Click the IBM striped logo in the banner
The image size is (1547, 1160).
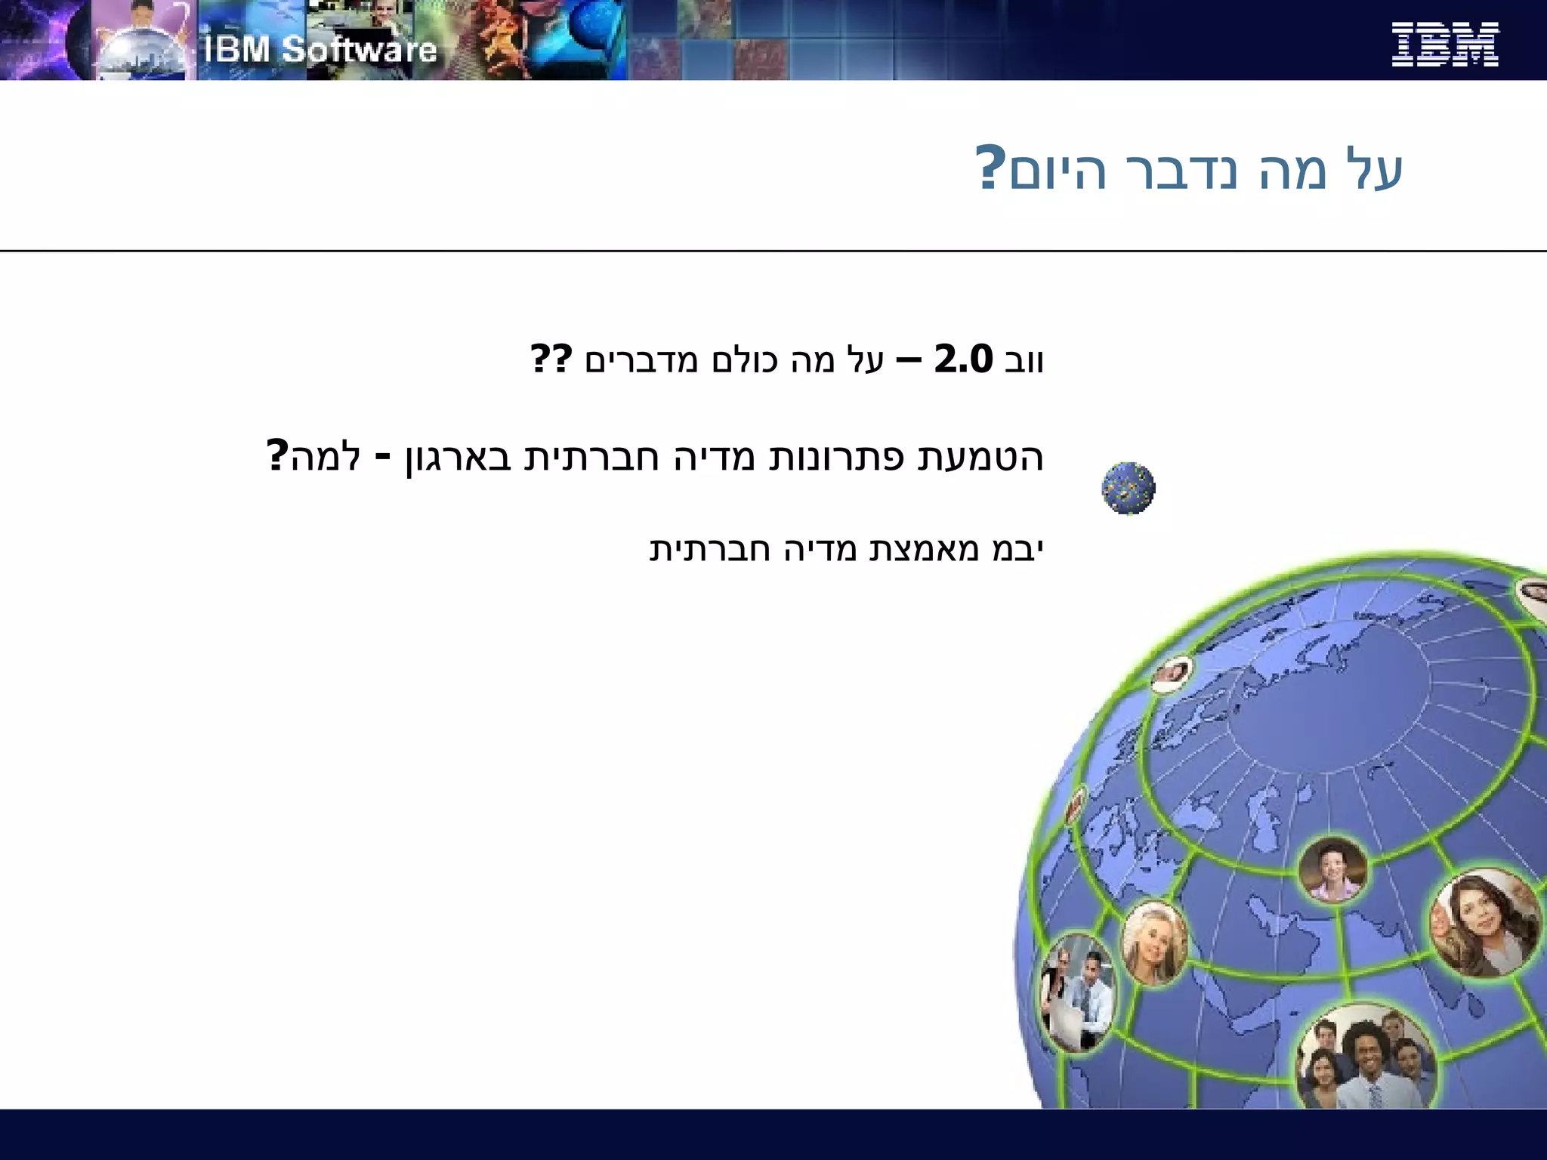coord(1444,44)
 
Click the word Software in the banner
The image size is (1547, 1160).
coord(360,50)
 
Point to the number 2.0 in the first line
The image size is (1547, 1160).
coord(963,359)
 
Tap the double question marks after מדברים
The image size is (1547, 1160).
coord(551,359)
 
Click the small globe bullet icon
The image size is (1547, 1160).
coord(1128,489)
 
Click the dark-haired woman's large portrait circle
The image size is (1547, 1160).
coord(1485,923)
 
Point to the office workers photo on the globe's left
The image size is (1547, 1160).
coord(1077,992)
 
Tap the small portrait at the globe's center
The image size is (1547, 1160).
coord(1332,870)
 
